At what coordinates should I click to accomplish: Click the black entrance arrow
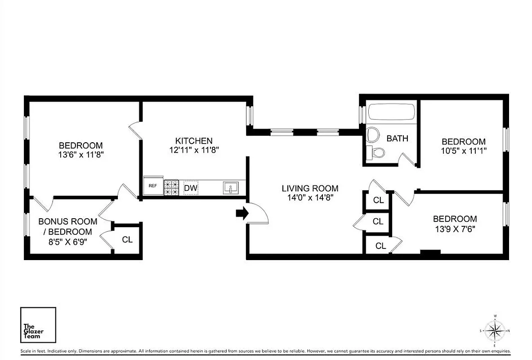pos(242,214)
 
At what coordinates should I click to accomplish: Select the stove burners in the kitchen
pos(171,188)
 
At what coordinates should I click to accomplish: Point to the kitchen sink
pos(231,188)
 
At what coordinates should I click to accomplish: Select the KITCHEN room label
pos(194,141)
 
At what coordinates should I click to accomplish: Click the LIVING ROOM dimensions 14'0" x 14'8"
pos(310,197)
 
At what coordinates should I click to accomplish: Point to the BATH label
pos(398,138)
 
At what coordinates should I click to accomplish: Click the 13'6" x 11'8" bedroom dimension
pos(81,154)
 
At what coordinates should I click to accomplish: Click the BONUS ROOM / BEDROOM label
pos(67,226)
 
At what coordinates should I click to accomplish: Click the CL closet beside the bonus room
pos(127,239)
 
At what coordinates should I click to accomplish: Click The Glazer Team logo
pos(38,325)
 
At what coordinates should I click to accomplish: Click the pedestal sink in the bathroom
pos(372,134)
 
